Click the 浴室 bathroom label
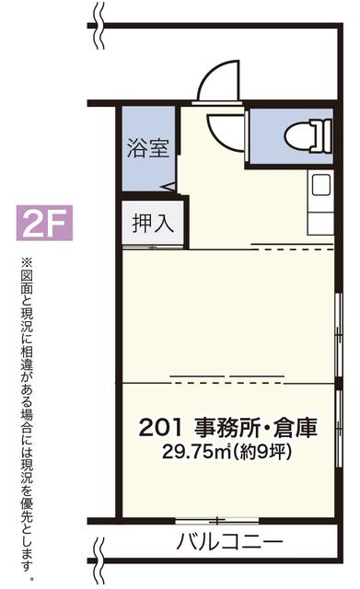[x=148, y=148]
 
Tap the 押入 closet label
[x=153, y=224]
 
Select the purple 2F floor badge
[x=44, y=223]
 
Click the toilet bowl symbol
[x=308, y=136]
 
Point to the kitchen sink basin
[x=321, y=185]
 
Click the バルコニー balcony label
[x=229, y=542]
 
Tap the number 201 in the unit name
[x=160, y=427]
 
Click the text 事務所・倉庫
[x=256, y=427]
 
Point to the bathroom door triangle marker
[x=168, y=187]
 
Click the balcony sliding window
[x=217, y=521]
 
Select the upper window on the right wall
[x=339, y=334]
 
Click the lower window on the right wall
[x=339, y=428]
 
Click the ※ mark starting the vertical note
[x=28, y=261]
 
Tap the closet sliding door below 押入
[x=153, y=248]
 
